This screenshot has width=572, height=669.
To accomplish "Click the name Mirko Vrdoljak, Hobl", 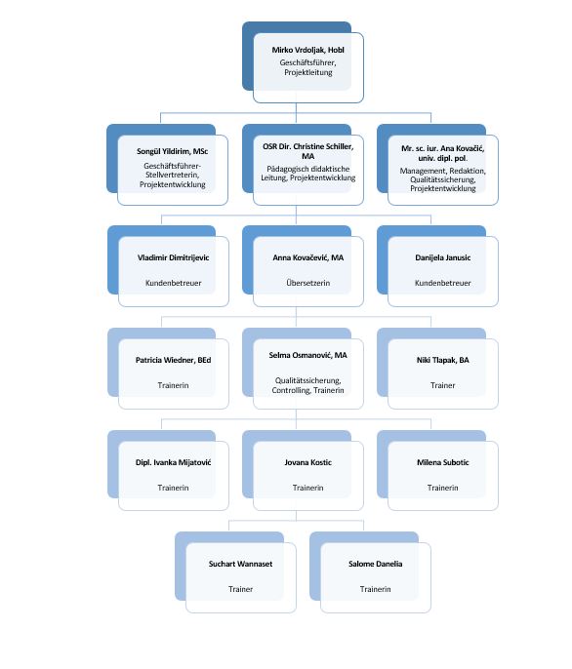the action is click(308, 50).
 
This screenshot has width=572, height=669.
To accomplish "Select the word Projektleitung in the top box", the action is click(308, 72).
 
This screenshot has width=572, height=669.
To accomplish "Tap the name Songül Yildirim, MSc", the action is click(172, 151).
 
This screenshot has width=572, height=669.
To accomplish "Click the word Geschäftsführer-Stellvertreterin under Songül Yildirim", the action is click(172, 171).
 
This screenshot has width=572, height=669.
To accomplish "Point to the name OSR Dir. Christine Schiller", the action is click(308, 146).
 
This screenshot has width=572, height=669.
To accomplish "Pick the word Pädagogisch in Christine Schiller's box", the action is click(285, 169).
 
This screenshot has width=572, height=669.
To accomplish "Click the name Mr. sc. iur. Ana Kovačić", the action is click(442, 148).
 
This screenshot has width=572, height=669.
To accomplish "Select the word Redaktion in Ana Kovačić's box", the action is click(468, 171).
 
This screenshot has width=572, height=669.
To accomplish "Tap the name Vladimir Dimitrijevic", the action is click(173, 257).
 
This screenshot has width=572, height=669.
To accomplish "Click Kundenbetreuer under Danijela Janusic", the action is click(442, 283).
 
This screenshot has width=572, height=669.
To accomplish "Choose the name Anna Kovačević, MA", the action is click(308, 257).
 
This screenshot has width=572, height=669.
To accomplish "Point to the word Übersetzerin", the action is click(308, 283).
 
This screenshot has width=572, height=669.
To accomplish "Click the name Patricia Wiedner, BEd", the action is click(173, 360).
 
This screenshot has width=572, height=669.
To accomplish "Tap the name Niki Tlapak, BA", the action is click(442, 360).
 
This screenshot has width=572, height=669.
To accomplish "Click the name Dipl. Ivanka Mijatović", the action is click(173, 462).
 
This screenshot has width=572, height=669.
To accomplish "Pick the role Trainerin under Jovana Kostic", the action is click(308, 488).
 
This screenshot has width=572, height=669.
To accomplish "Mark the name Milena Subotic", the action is click(442, 462).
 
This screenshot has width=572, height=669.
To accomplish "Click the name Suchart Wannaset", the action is click(240, 564).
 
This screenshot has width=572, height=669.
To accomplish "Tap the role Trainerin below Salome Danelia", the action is click(375, 589).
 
